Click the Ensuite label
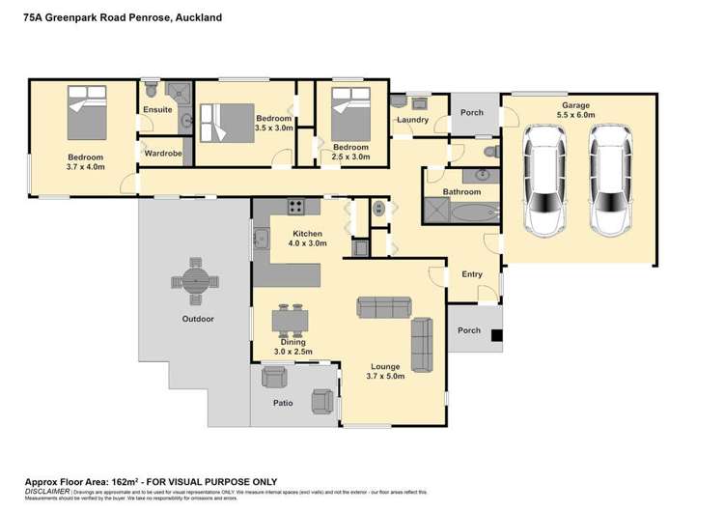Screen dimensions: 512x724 158,110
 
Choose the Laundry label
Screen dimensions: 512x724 412,120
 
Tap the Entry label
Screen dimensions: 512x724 471,274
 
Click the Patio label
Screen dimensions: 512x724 283,403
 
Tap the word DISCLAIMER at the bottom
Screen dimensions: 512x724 44,491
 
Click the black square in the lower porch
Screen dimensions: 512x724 496,336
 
